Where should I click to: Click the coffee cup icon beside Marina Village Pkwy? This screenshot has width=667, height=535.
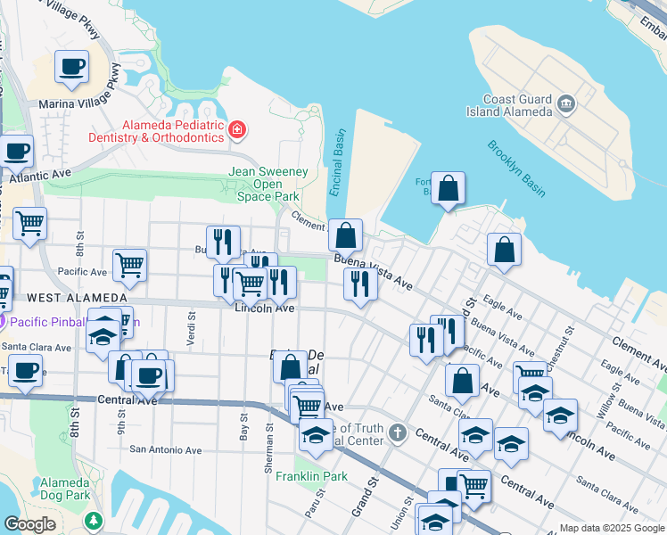coord(72,66)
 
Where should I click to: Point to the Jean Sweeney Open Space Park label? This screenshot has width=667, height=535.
coord(268,183)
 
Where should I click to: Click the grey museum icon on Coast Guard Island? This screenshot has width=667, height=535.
coord(565,106)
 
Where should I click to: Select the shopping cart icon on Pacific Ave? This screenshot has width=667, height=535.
coord(130,264)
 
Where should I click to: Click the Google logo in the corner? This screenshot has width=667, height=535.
coord(30,524)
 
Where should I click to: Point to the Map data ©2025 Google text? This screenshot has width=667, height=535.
coord(611,528)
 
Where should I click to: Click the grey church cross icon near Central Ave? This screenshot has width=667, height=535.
coord(398,434)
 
